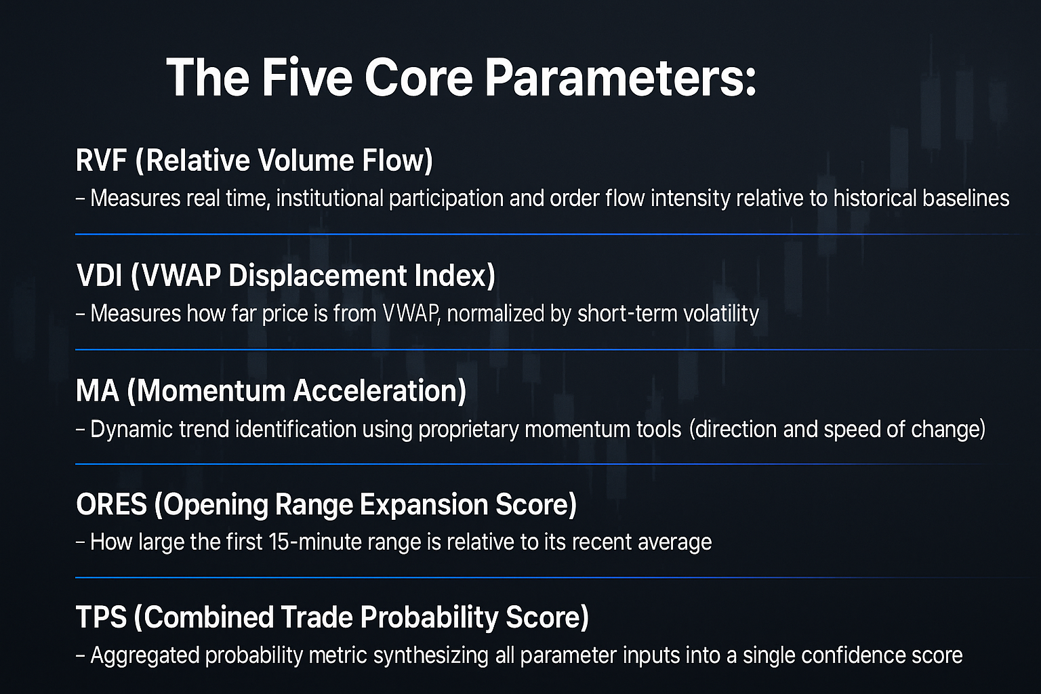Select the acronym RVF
coord(101,161)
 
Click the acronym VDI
coord(99,275)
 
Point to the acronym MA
coord(97,390)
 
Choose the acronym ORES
coord(112,505)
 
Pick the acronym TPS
coord(101,617)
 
